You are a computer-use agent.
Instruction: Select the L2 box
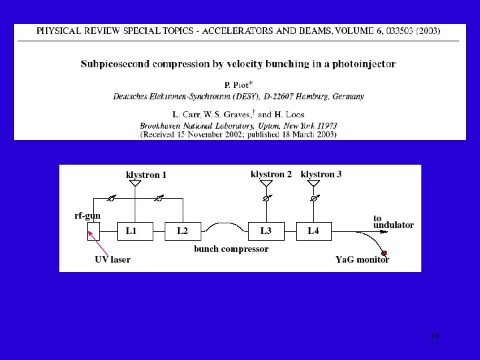tap(183, 231)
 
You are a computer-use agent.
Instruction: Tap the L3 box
tap(266, 231)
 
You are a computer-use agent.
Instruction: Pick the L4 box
tap(314, 231)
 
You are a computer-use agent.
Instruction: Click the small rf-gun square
tap(93, 231)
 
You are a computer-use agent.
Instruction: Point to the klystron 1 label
tap(146, 175)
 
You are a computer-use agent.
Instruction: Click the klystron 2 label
tap(271, 175)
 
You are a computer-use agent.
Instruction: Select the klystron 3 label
tap(321, 175)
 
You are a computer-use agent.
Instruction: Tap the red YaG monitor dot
tap(384, 254)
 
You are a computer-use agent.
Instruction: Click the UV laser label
tap(112, 259)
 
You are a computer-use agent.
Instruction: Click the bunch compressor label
tap(231, 249)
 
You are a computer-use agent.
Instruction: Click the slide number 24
tap(435, 337)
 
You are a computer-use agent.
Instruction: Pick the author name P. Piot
tap(237, 85)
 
